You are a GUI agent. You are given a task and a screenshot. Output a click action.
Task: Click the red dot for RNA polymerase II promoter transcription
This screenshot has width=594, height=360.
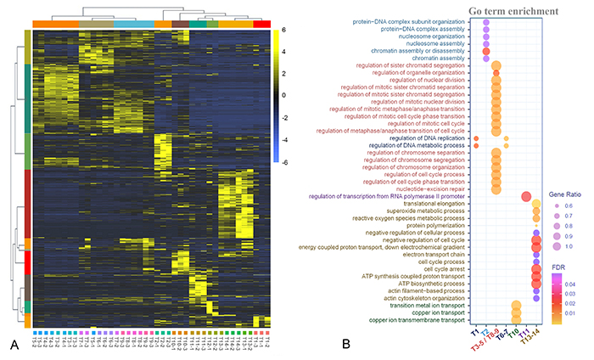click(525, 197)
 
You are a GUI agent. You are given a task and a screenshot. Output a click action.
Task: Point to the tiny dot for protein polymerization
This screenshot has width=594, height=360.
click(536, 225)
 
